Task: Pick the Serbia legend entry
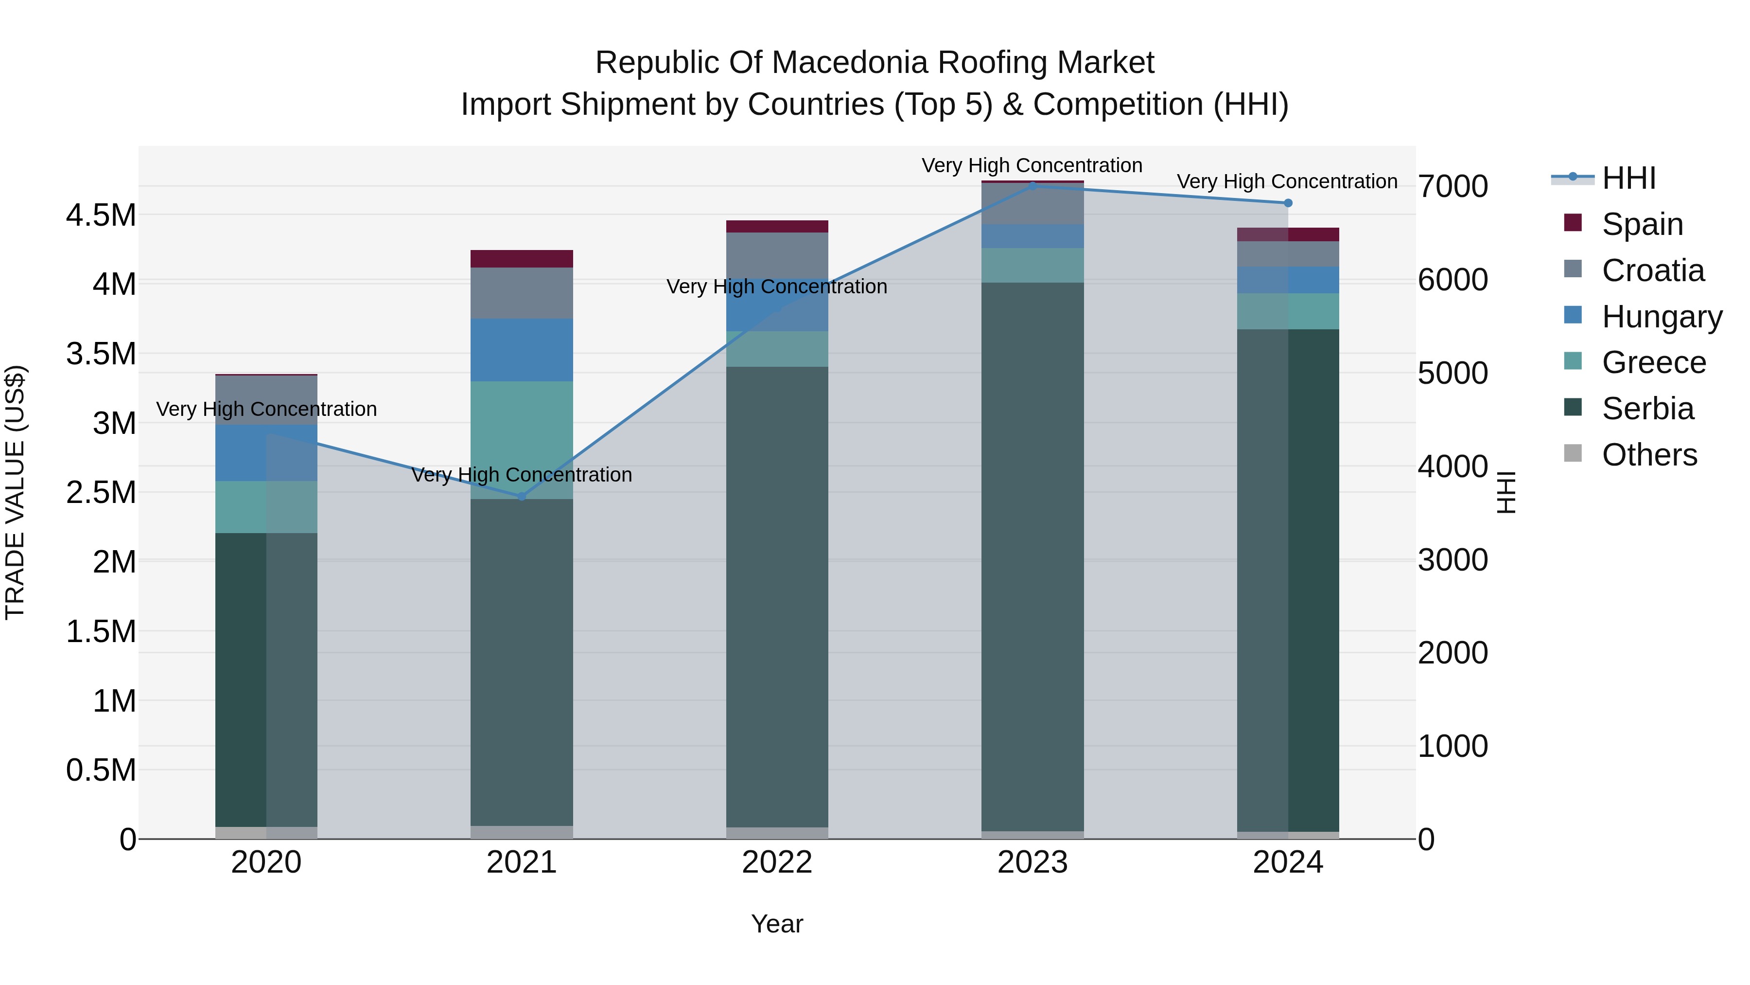[1647, 409]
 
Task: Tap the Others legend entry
[1649, 455]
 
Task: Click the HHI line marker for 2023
[1032, 186]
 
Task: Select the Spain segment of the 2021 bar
[522, 259]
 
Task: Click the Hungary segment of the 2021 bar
[522, 350]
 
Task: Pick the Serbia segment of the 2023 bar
[1032, 557]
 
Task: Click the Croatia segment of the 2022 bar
[777, 255]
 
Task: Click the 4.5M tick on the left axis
[101, 215]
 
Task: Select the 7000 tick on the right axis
[1452, 187]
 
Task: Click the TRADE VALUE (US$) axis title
[15, 492]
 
